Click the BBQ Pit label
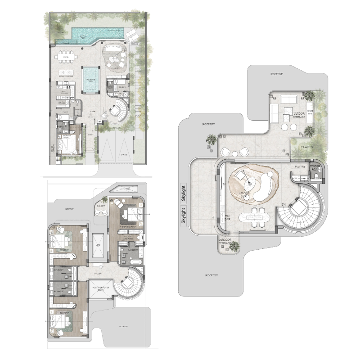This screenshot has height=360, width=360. pyautogui.click(x=310, y=112)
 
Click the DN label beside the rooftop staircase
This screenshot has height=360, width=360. pyautogui.click(x=283, y=205)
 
